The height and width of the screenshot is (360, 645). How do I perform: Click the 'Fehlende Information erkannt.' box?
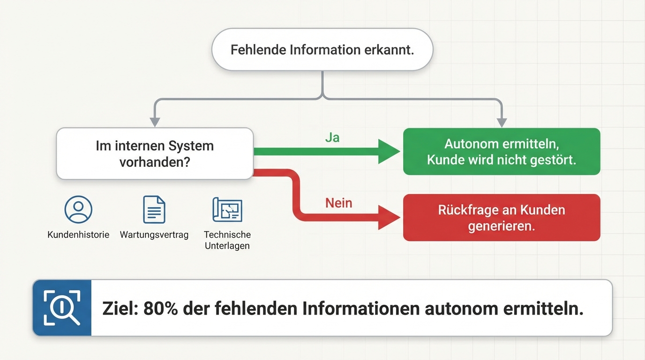pyautogui.click(x=322, y=50)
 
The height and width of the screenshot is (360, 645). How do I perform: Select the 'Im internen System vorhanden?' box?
pyautogui.click(x=155, y=154)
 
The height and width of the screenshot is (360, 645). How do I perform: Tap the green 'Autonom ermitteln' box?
pyautogui.click(x=502, y=151)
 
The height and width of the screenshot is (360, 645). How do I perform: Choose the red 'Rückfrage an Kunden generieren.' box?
pyautogui.click(x=502, y=217)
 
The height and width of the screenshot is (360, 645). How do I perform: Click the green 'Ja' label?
pyautogui.click(x=332, y=138)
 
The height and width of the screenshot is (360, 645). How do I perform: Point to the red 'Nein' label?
pyautogui.click(x=338, y=203)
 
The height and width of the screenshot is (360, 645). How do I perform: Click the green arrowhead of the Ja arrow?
pyautogui.click(x=390, y=151)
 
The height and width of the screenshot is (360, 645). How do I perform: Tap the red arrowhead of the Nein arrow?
pyautogui.click(x=390, y=217)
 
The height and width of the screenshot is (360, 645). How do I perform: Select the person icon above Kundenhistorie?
pyautogui.click(x=78, y=210)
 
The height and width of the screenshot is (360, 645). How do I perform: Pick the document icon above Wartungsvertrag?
pyautogui.click(x=154, y=210)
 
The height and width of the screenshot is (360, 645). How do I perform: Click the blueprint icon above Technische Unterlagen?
pyautogui.click(x=227, y=210)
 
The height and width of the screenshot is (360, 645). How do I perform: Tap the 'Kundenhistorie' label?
pyautogui.click(x=78, y=235)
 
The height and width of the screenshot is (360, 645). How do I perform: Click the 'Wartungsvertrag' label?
pyautogui.click(x=154, y=235)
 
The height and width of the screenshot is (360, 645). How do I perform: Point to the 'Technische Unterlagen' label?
pyautogui.click(x=227, y=240)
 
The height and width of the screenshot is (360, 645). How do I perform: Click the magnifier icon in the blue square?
pyautogui.click(x=62, y=308)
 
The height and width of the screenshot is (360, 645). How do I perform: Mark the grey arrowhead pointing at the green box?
pyautogui.click(x=502, y=123)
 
